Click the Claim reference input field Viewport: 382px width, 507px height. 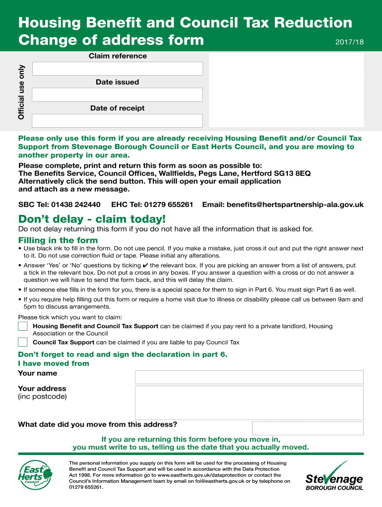pos(117,69)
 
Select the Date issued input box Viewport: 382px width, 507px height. pos(117,95)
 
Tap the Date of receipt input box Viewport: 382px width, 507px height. pos(117,121)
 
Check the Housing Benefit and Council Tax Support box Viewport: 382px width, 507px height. pos(23,326)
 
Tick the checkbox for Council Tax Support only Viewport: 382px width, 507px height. pos(23,342)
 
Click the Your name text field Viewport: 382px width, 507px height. pos(249,377)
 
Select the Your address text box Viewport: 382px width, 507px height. pos(249,403)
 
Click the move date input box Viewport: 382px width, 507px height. pos(307,428)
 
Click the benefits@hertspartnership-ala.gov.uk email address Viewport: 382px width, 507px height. pos(295,204)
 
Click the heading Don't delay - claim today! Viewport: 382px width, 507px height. pos(92,219)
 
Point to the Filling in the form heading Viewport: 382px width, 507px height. pos(58,241)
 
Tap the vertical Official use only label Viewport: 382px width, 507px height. pos(21,92)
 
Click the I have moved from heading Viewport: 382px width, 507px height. pos(54,363)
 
